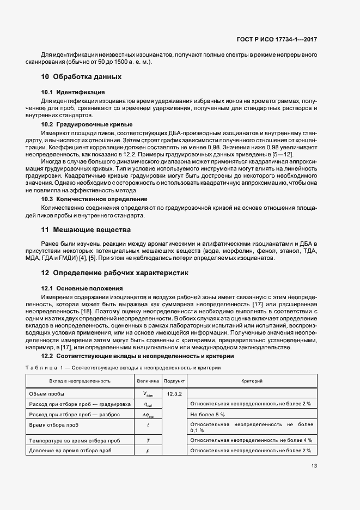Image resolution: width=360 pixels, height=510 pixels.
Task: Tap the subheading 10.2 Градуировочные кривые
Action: pos(87,125)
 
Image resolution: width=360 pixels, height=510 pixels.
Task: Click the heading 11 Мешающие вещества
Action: pos(86,230)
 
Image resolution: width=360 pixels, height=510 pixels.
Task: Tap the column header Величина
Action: pos(148,381)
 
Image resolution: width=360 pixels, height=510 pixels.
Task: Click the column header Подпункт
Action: pos(174,381)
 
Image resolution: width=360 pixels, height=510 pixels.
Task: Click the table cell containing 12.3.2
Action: pos(174,393)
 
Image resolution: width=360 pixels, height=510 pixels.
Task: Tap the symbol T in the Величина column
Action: pos(148,440)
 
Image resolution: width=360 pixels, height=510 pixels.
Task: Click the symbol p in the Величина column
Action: pos(148,451)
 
